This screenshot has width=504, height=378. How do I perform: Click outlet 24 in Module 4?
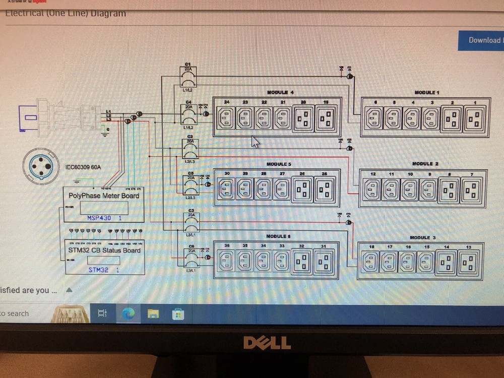[227, 119]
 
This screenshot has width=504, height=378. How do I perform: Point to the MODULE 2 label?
[425, 164]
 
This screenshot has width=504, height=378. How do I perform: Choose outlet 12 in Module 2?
[372, 190]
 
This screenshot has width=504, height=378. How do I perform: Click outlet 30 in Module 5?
[227, 189]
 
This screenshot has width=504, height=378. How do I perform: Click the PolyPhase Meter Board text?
[104, 196]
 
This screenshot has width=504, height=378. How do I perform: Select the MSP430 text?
[99, 218]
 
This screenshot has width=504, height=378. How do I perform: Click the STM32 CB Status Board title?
[104, 250]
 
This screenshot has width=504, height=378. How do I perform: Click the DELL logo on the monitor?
[267, 343]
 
